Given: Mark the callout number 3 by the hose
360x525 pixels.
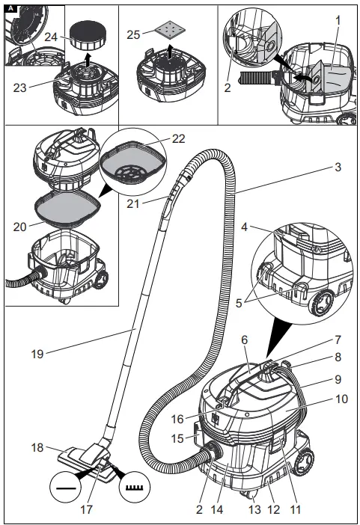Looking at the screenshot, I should click(x=338, y=168).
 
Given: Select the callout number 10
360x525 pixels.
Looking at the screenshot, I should click(x=341, y=399).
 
